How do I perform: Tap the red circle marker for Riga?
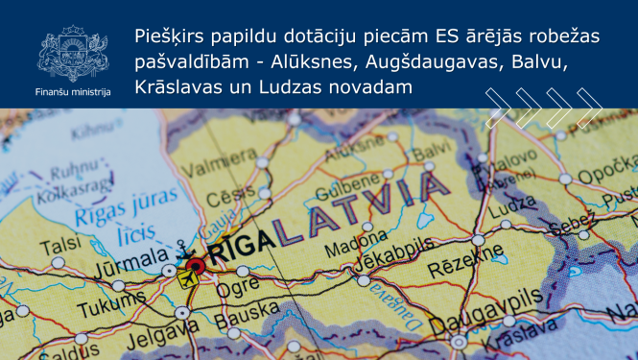[x=196, y=265]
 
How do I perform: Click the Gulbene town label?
[x=342, y=183]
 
